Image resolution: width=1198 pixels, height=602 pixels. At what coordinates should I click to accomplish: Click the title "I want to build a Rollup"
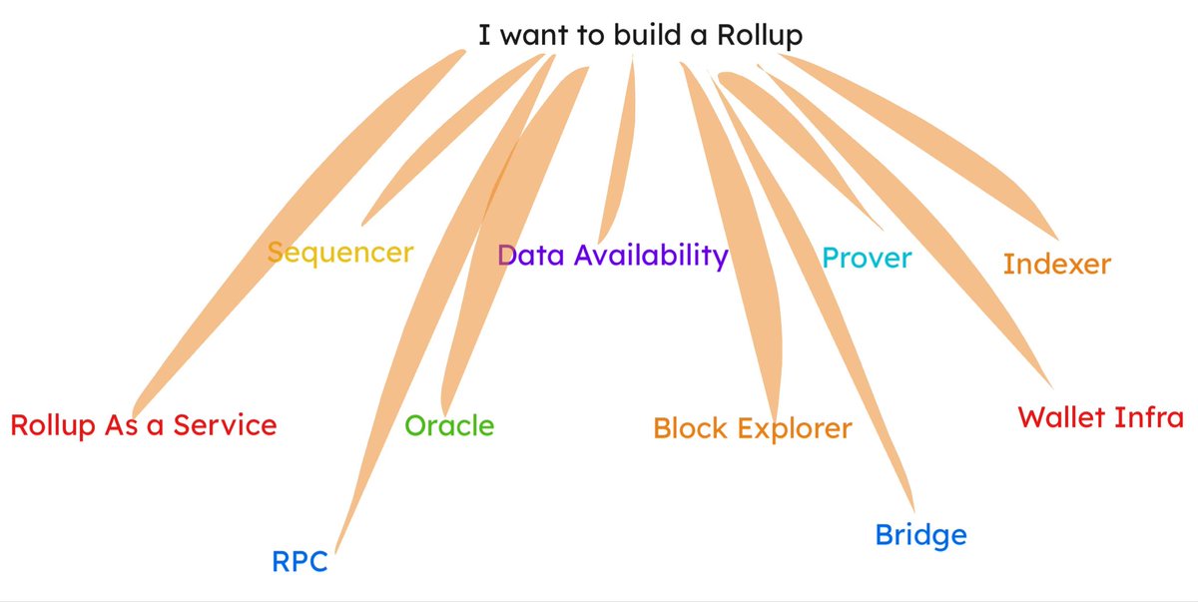point(640,36)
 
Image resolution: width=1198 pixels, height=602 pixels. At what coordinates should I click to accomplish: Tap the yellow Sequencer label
point(340,253)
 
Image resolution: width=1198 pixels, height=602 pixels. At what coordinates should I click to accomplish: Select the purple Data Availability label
point(613,256)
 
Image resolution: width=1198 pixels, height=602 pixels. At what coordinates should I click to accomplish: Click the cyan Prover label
point(867,259)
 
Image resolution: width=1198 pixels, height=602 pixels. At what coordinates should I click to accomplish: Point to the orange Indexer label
point(1056,265)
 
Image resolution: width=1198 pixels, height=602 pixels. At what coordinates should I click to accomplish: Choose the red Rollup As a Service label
point(143,425)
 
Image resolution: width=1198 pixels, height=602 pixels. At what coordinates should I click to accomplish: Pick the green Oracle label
point(449,426)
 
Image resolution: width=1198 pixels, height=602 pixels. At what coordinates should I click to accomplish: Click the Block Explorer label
point(752,429)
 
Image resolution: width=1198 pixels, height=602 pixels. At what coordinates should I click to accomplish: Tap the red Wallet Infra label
point(1100,417)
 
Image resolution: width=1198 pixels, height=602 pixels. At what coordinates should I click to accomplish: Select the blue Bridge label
point(920,535)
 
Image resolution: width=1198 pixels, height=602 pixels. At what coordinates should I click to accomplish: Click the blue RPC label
point(299,562)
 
